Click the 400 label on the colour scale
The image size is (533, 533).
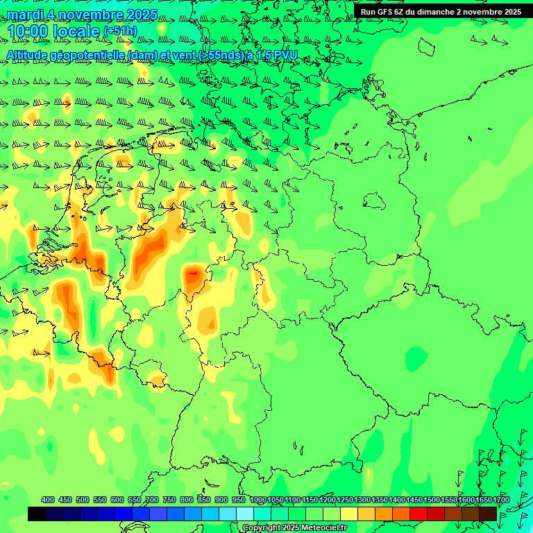click(x=48, y=500)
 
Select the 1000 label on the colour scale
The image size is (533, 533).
click(x=258, y=500)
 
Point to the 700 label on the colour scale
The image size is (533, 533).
click(x=152, y=500)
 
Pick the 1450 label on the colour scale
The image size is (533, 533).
click(x=414, y=500)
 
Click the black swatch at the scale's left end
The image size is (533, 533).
click(x=37, y=514)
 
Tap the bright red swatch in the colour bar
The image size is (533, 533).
click(x=418, y=514)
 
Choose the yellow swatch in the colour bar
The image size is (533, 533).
click(x=349, y=514)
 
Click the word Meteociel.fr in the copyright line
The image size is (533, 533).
click(x=323, y=528)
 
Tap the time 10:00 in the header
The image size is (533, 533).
click(x=28, y=31)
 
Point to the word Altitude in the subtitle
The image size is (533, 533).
click(x=28, y=55)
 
